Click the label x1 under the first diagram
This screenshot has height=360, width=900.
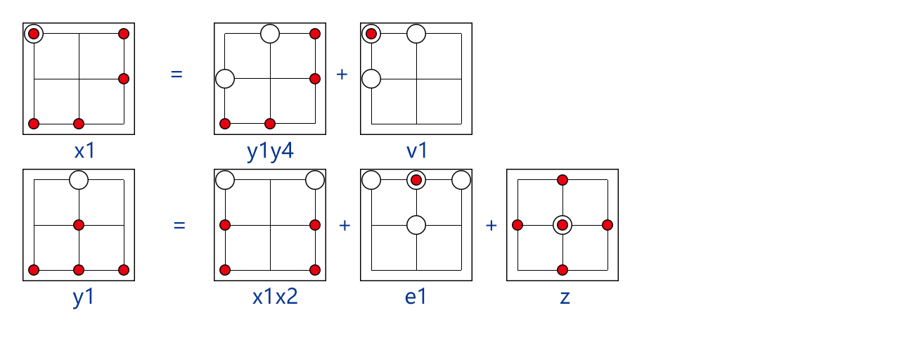coord(85,151)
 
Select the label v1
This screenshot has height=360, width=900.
coord(417,151)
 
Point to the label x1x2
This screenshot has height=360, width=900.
coord(275,297)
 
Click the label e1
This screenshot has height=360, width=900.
coord(416,297)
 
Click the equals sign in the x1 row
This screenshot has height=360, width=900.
coord(176,75)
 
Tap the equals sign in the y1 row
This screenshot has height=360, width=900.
coord(179,226)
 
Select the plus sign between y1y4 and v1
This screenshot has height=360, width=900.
coord(342,75)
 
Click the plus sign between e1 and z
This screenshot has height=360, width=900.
coord(491,226)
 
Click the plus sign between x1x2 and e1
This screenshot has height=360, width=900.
coord(345,226)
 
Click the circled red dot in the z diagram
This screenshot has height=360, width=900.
coord(562,225)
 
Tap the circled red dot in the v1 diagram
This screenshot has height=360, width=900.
coord(371,34)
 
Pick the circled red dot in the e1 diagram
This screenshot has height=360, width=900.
coord(416,180)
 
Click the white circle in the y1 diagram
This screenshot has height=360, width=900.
coord(79,180)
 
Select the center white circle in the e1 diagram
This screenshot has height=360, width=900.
coord(416,225)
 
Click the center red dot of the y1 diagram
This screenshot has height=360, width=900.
coord(79,225)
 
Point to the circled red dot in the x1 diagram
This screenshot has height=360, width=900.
coord(34,34)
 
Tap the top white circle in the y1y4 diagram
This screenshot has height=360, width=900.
coord(270,34)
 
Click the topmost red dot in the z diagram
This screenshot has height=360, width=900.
coord(562,180)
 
